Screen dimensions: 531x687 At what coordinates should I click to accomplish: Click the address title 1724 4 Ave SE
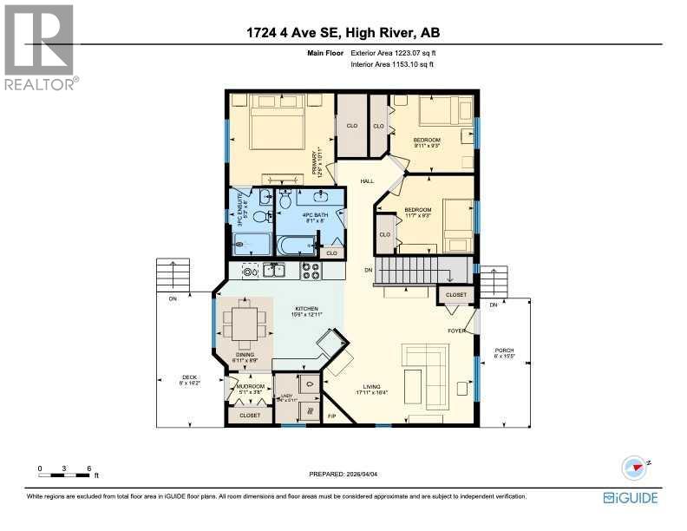pos(343,34)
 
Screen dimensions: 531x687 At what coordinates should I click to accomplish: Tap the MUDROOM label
pos(251,386)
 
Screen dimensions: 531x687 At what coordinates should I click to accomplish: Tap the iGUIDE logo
pos(631,497)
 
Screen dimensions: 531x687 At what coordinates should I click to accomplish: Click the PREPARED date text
pos(343,474)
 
